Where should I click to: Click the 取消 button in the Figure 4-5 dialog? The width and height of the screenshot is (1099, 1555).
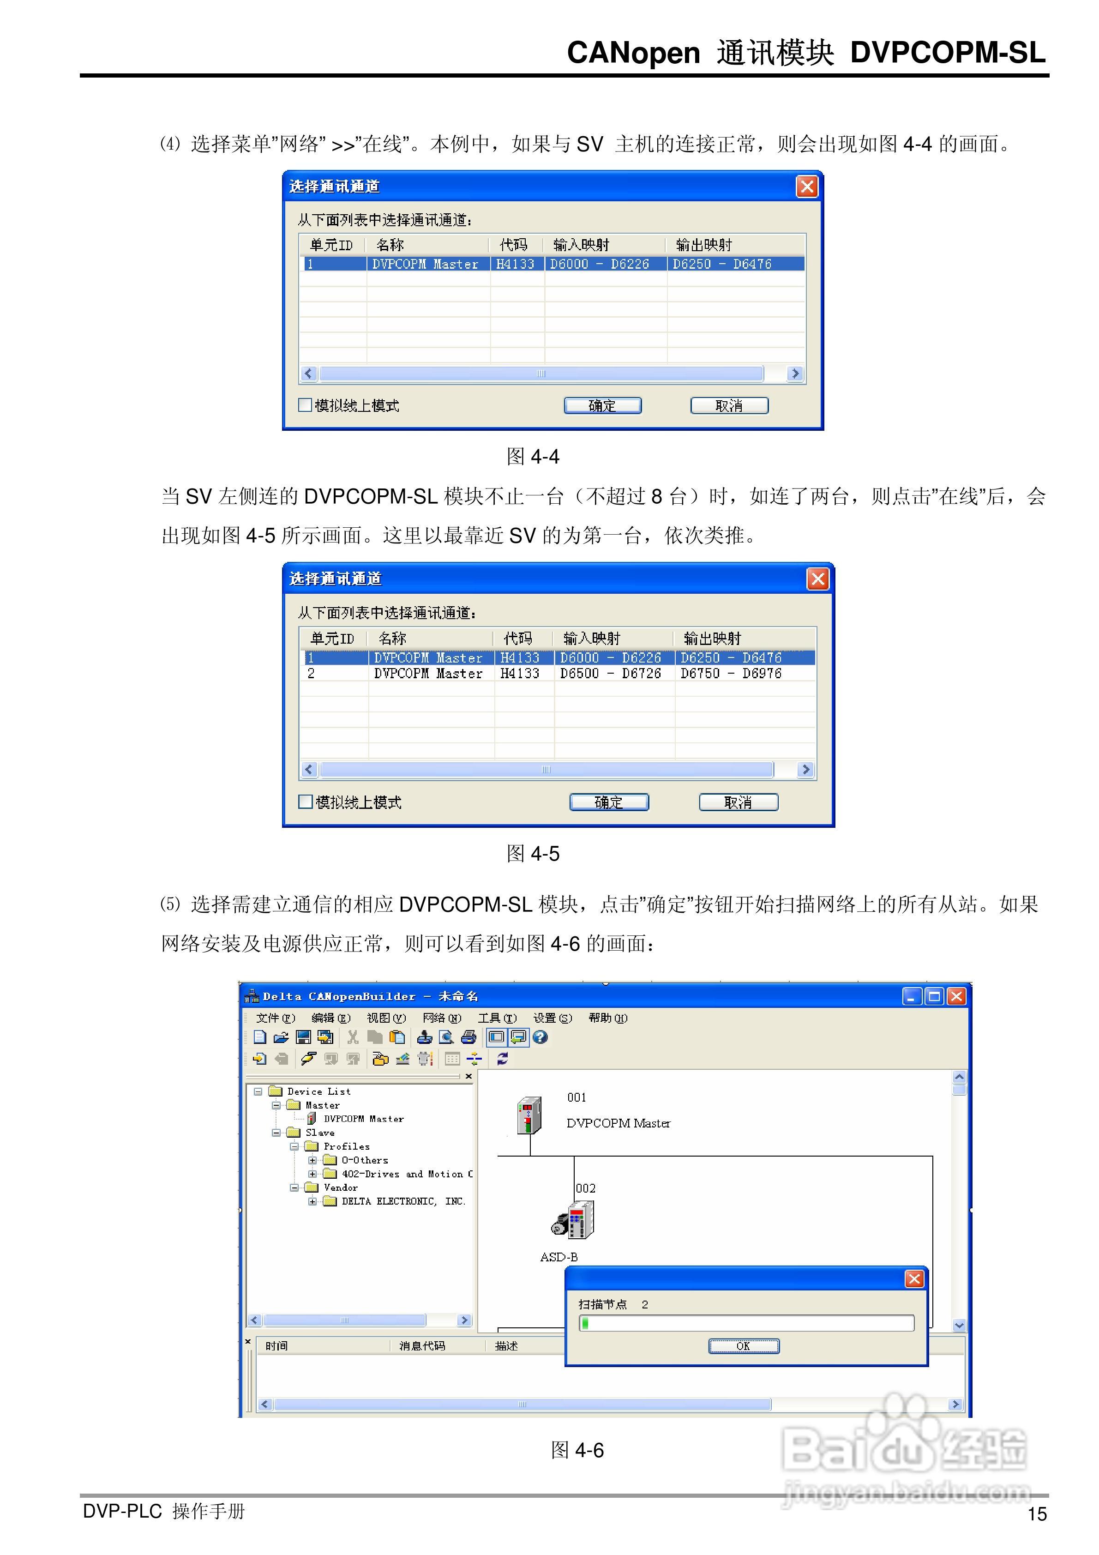pyautogui.click(x=738, y=802)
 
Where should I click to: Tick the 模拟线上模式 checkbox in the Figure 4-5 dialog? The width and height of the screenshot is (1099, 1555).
pyautogui.click(x=306, y=802)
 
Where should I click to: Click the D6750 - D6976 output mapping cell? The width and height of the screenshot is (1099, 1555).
pyautogui.click(x=731, y=673)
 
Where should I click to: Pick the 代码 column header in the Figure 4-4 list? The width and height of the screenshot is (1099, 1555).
pyautogui.click(x=513, y=245)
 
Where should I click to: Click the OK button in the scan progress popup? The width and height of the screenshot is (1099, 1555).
pyautogui.click(x=744, y=1346)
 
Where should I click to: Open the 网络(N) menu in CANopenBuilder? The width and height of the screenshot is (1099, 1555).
pyautogui.click(x=442, y=1018)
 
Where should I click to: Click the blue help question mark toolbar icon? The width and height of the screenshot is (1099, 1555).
pyautogui.click(x=540, y=1037)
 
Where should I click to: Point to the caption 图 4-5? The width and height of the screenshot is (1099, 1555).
pyautogui.click(x=533, y=853)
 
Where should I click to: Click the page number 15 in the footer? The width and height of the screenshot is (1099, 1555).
pyautogui.click(x=1037, y=1514)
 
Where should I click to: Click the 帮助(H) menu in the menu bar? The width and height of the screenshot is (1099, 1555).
pyautogui.click(x=607, y=1018)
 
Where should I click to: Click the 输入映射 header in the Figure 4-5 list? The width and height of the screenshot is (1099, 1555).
pyautogui.click(x=591, y=638)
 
